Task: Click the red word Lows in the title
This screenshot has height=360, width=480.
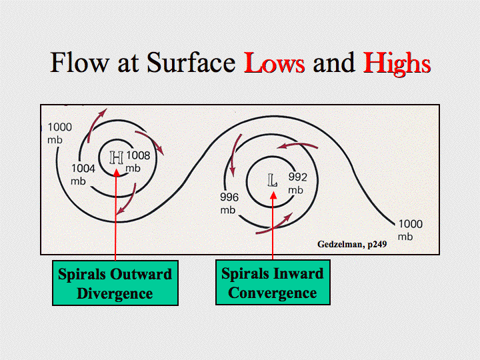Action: click(274, 63)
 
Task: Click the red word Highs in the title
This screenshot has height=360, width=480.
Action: click(397, 64)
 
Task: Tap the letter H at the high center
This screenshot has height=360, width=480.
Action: click(116, 157)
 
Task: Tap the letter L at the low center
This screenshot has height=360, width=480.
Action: click(272, 180)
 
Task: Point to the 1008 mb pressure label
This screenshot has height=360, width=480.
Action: click(138, 161)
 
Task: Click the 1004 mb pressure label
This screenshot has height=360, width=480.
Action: click(83, 175)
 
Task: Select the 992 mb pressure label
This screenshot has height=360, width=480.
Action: click(297, 183)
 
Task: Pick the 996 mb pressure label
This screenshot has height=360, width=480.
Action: click(229, 203)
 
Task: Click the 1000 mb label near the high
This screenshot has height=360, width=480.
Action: click(59, 133)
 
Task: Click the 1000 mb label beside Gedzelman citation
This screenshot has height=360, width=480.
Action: click(410, 230)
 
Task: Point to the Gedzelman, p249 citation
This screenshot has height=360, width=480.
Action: click(352, 244)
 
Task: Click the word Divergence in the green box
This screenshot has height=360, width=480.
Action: click(115, 293)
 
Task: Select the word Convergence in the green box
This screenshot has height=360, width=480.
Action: click(273, 293)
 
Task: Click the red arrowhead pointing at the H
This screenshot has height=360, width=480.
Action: click(116, 173)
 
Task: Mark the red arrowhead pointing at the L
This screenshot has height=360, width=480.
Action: click(273, 195)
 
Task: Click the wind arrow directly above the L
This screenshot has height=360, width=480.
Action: click(297, 145)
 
